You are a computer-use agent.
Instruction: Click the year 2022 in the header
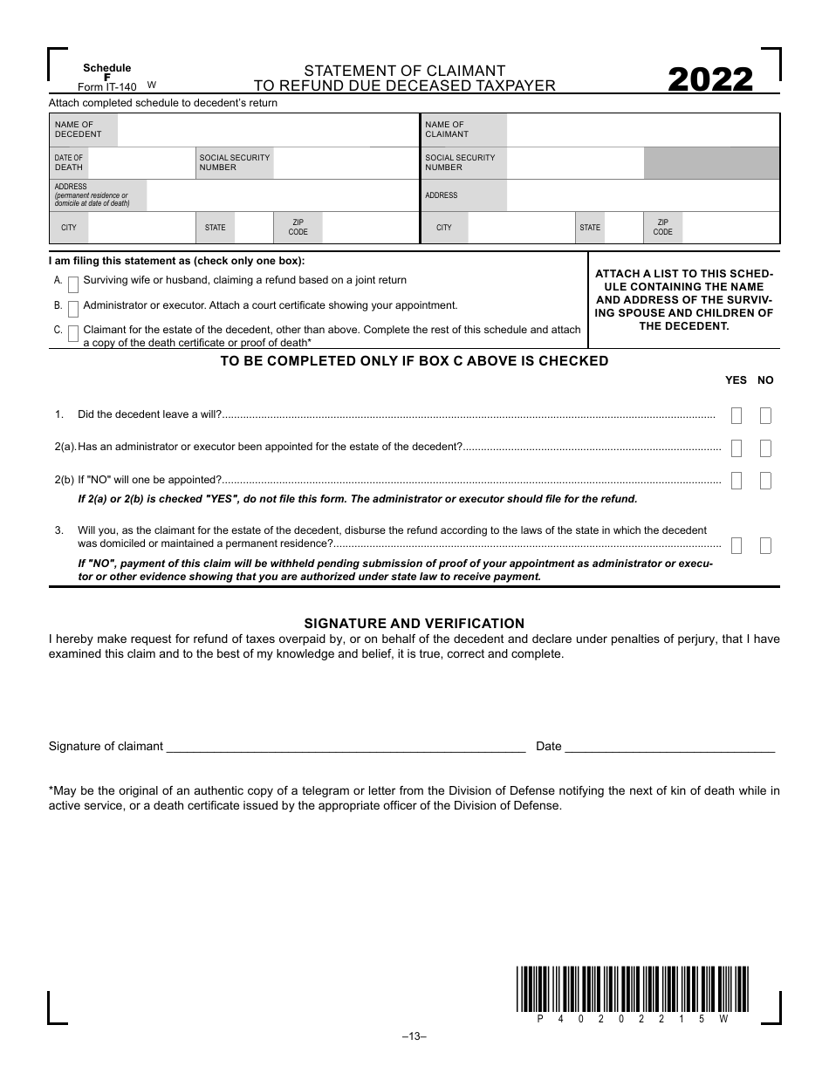click(x=710, y=80)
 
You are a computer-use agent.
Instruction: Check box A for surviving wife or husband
click(x=73, y=284)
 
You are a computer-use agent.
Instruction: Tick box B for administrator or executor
click(x=73, y=309)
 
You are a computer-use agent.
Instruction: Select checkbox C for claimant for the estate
click(x=73, y=333)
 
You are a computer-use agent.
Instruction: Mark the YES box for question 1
click(x=737, y=416)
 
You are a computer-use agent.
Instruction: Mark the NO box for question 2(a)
click(x=765, y=448)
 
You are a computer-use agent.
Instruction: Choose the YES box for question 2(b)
click(x=737, y=481)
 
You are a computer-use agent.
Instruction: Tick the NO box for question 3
click(x=765, y=546)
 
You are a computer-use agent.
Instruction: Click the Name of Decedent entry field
click(x=266, y=130)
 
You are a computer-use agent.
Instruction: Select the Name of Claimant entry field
click(x=641, y=130)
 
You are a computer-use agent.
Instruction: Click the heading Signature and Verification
click(x=414, y=624)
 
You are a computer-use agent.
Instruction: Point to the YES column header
click(x=737, y=380)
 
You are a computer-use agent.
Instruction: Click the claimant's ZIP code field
click(x=730, y=229)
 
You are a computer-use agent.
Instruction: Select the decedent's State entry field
click(x=253, y=229)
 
